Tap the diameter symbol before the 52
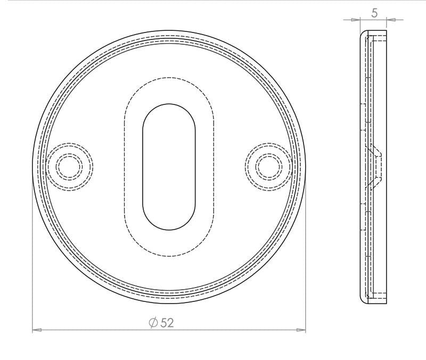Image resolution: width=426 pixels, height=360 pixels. pyautogui.click(x=153, y=323)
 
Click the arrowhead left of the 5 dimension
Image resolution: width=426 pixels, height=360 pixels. pyautogui.click(x=356, y=20)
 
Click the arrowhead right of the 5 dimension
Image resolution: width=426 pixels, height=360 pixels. pyautogui.click(x=391, y=20)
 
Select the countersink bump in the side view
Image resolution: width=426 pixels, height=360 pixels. pyautogui.click(x=378, y=167)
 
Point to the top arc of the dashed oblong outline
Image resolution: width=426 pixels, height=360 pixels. pyautogui.click(x=169, y=79)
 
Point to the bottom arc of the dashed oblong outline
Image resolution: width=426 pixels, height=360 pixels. pyautogui.click(x=169, y=255)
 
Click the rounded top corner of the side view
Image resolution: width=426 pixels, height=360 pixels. pyautogui.click(x=364, y=33)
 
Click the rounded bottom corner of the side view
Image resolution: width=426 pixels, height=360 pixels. pyautogui.click(x=364, y=301)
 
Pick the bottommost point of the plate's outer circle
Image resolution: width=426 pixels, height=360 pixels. pyautogui.click(x=169, y=304)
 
